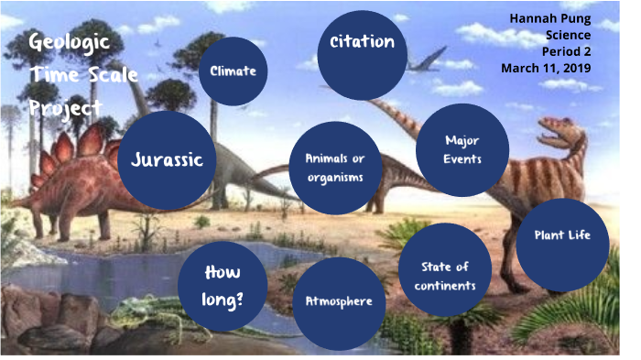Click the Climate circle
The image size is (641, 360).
[x=233, y=71]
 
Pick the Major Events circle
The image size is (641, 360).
[x=462, y=149]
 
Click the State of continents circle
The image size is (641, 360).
[x=445, y=275]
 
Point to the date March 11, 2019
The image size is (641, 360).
[x=547, y=68]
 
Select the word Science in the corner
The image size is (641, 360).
[x=568, y=35]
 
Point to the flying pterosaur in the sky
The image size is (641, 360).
[x=428, y=64]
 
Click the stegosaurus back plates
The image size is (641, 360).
[x=71, y=147]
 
